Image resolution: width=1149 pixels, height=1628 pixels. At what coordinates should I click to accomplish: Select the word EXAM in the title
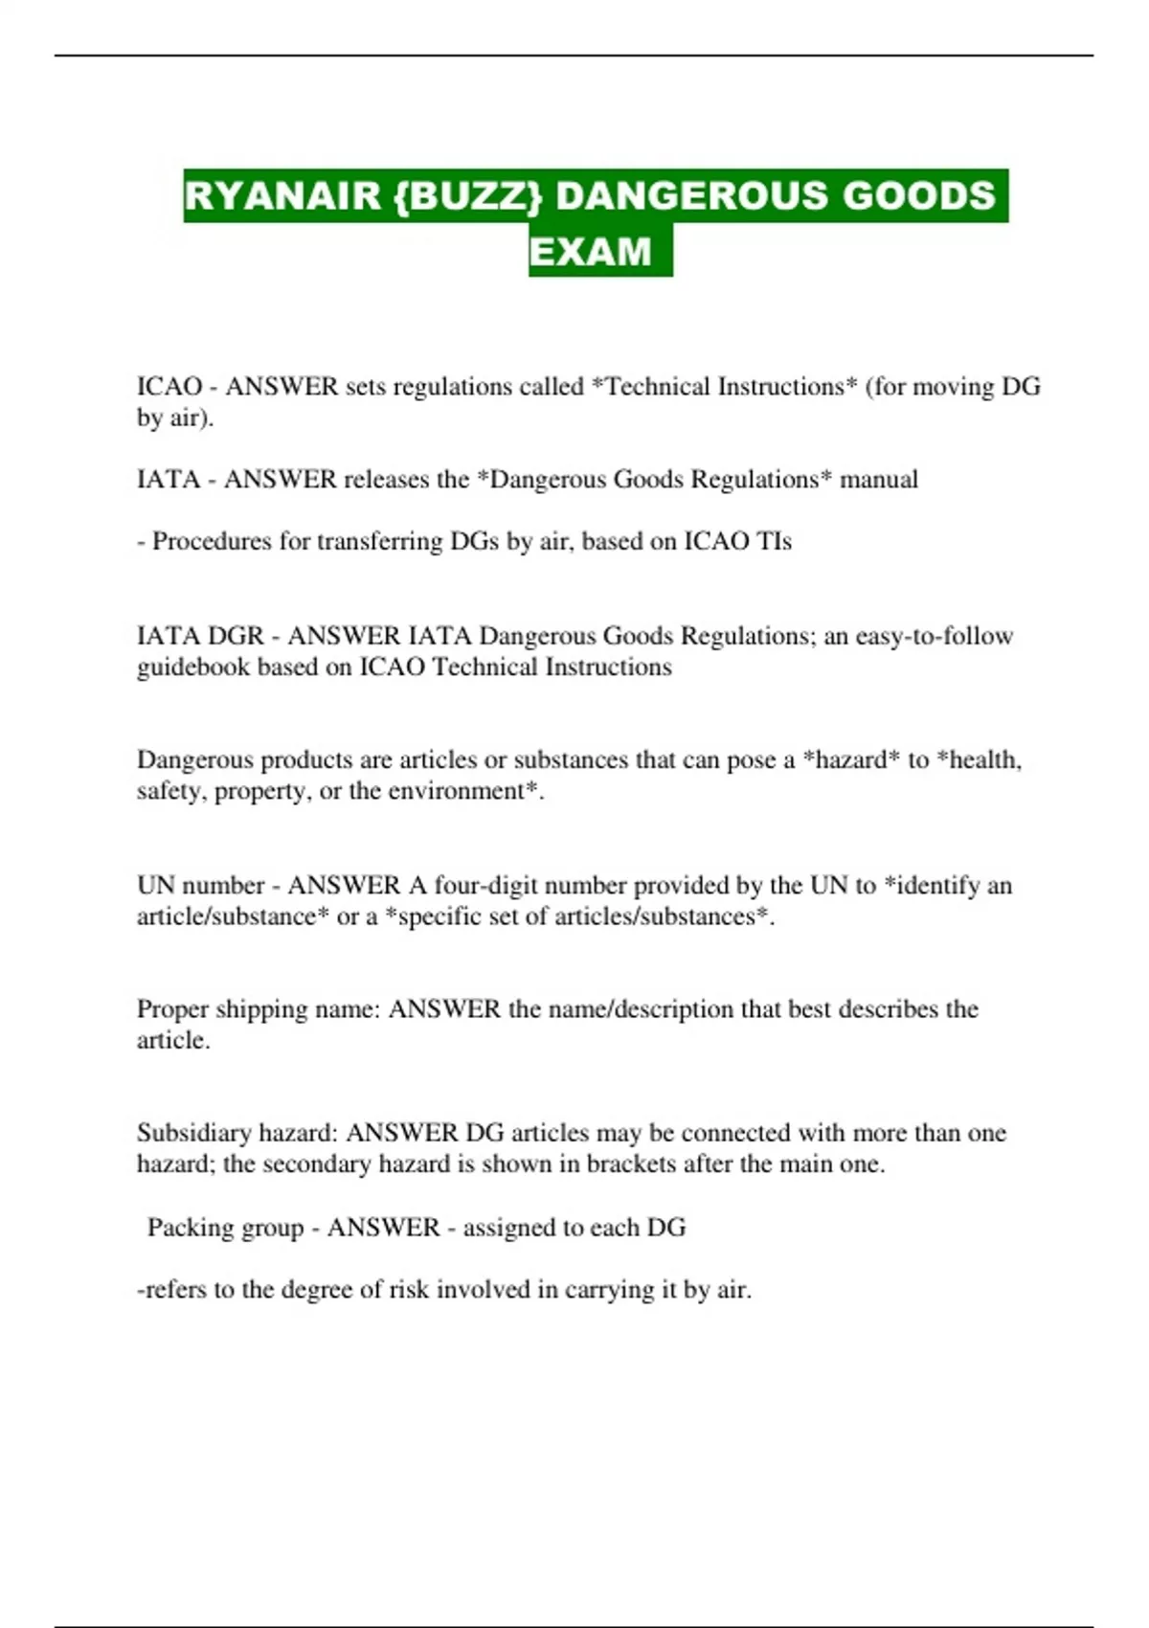590,252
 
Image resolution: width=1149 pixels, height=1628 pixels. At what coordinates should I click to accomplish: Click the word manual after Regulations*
878,479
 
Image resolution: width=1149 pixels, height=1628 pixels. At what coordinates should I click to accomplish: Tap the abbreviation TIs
774,541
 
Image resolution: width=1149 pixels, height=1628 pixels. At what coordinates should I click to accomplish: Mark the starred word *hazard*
851,759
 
